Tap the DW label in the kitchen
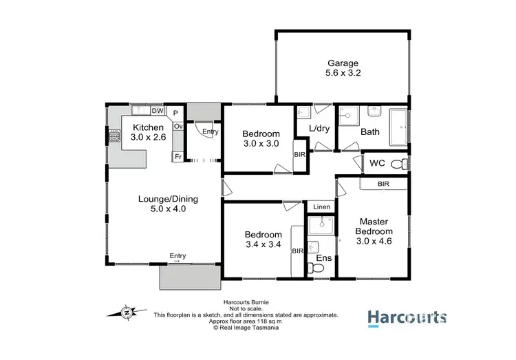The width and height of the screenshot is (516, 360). point(157,111)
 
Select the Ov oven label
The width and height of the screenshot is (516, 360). point(178,127)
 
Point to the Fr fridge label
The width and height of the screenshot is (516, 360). point(177,157)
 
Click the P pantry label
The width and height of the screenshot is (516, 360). point(175,113)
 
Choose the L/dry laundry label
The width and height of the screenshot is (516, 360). point(319,129)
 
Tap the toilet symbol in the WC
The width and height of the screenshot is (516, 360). point(397,164)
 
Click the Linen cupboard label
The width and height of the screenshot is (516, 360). point(321,207)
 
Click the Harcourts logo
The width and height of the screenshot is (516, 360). point(407,317)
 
